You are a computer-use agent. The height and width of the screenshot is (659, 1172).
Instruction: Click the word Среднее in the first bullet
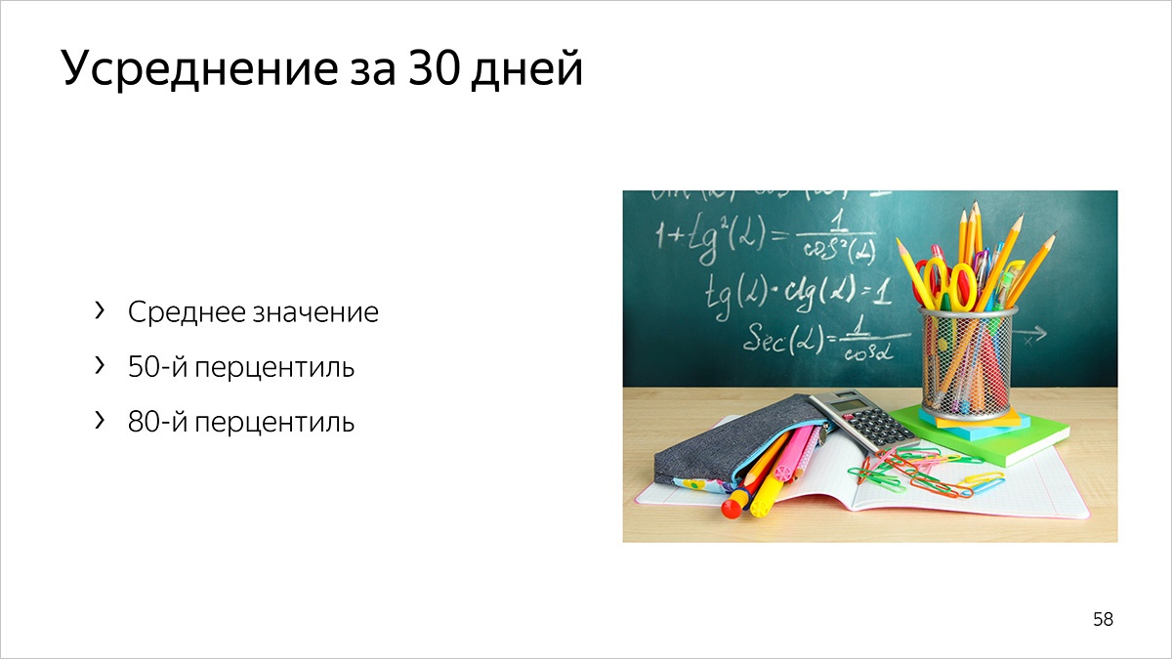186,312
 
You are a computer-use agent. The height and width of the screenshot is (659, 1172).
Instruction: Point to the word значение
314,313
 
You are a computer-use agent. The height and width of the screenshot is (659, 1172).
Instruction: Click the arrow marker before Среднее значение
99,311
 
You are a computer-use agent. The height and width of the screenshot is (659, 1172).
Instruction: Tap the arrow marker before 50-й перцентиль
99,366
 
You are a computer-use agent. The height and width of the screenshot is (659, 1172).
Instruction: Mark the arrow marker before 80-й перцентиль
99,421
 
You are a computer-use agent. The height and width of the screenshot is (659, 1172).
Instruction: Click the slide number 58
1103,619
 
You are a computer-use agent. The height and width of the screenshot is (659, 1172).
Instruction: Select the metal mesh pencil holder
968,361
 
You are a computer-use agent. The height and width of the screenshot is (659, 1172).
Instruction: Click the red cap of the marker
733,507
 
